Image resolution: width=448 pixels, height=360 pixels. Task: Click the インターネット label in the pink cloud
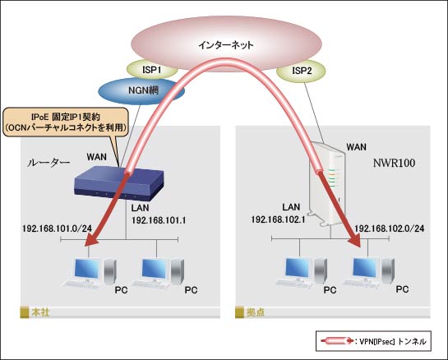pyautogui.click(x=226, y=45)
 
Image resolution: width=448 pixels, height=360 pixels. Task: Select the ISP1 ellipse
pyautogui.click(x=152, y=69)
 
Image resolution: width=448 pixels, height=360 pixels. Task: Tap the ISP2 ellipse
pyautogui.click(x=302, y=71)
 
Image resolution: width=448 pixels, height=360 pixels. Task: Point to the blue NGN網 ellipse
pyautogui.click(x=141, y=91)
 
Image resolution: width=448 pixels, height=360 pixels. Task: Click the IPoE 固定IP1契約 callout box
pyautogui.click(x=66, y=122)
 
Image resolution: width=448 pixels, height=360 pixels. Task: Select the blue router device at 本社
pyautogui.click(x=118, y=185)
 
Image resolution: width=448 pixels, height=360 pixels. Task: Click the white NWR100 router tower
pyautogui.click(x=326, y=184)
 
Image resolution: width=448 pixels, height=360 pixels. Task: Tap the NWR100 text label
pyautogui.click(x=394, y=163)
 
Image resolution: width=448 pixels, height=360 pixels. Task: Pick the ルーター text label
pyautogui.click(x=48, y=163)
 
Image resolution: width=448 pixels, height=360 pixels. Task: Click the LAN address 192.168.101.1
pyautogui.click(x=159, y=220)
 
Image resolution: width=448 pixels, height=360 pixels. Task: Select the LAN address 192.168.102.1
pyautogui.click(x=279, y=219)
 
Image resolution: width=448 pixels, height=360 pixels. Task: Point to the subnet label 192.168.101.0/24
pyautogui.click(x=58, y=228)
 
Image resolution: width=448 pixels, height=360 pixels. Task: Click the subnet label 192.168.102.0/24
pyautogui.click(x=390, y=228)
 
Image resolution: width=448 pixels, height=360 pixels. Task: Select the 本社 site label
pyautogui.click(x=40, y=312)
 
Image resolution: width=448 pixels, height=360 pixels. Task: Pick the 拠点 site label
pyautogui.click(x=256, y=312)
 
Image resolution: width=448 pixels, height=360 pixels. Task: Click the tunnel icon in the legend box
pyautogui.click(x=337, y=341)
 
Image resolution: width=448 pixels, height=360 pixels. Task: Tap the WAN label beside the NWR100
pyautogui.click(x=356, y=147)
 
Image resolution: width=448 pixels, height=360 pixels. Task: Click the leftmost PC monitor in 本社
pyautogui.click(x=87, y=269)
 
